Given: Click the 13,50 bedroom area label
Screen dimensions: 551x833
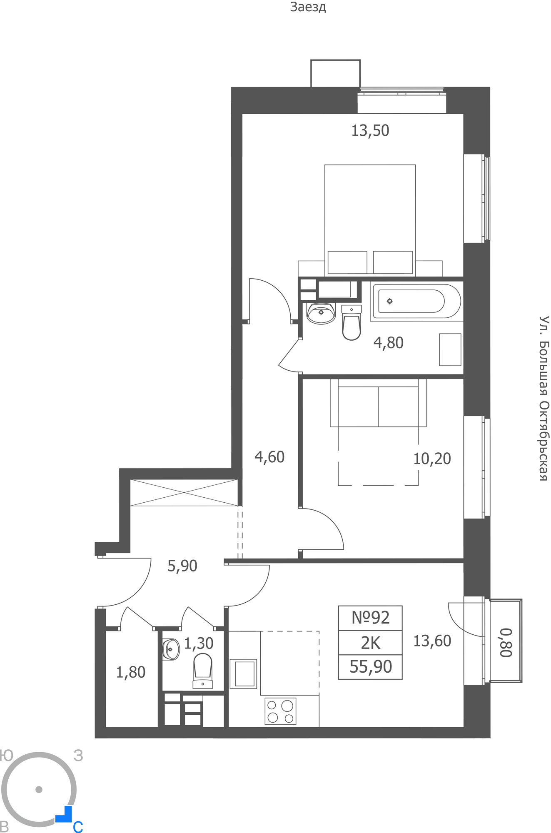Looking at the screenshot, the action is coord(370,131).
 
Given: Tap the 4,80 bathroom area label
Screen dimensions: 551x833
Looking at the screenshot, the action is coord(388,343).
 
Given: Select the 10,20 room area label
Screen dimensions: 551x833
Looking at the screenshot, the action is coord(432,459).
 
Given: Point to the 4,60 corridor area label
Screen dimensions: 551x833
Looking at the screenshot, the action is coord(269,457).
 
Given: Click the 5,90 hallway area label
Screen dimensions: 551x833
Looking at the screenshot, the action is coord(182,566).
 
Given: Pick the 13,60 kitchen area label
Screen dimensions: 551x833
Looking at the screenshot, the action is coord(432,641).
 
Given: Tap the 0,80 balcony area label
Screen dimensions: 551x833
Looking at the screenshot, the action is coord(506,643).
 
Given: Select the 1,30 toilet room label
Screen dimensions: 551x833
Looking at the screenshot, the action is coord(199,643).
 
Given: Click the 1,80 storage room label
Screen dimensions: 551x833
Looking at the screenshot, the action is coord(130,672).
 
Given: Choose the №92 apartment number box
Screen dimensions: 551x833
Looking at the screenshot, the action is coord(370,618).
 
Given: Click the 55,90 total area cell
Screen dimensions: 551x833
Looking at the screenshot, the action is coord(370,667).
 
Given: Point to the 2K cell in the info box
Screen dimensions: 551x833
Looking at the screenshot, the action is coord(370,643).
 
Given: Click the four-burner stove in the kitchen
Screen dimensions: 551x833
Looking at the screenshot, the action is coord(280,711).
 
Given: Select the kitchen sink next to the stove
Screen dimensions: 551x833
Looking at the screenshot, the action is coord(243,674).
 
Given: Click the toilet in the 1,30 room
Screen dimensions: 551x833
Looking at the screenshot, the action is coord(203,671).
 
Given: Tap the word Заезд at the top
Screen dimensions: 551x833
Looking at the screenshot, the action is coord(308,7).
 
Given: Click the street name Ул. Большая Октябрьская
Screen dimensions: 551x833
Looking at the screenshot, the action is coord(544,399).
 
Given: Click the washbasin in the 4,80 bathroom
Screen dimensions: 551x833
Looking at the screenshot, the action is coord(321,313).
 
